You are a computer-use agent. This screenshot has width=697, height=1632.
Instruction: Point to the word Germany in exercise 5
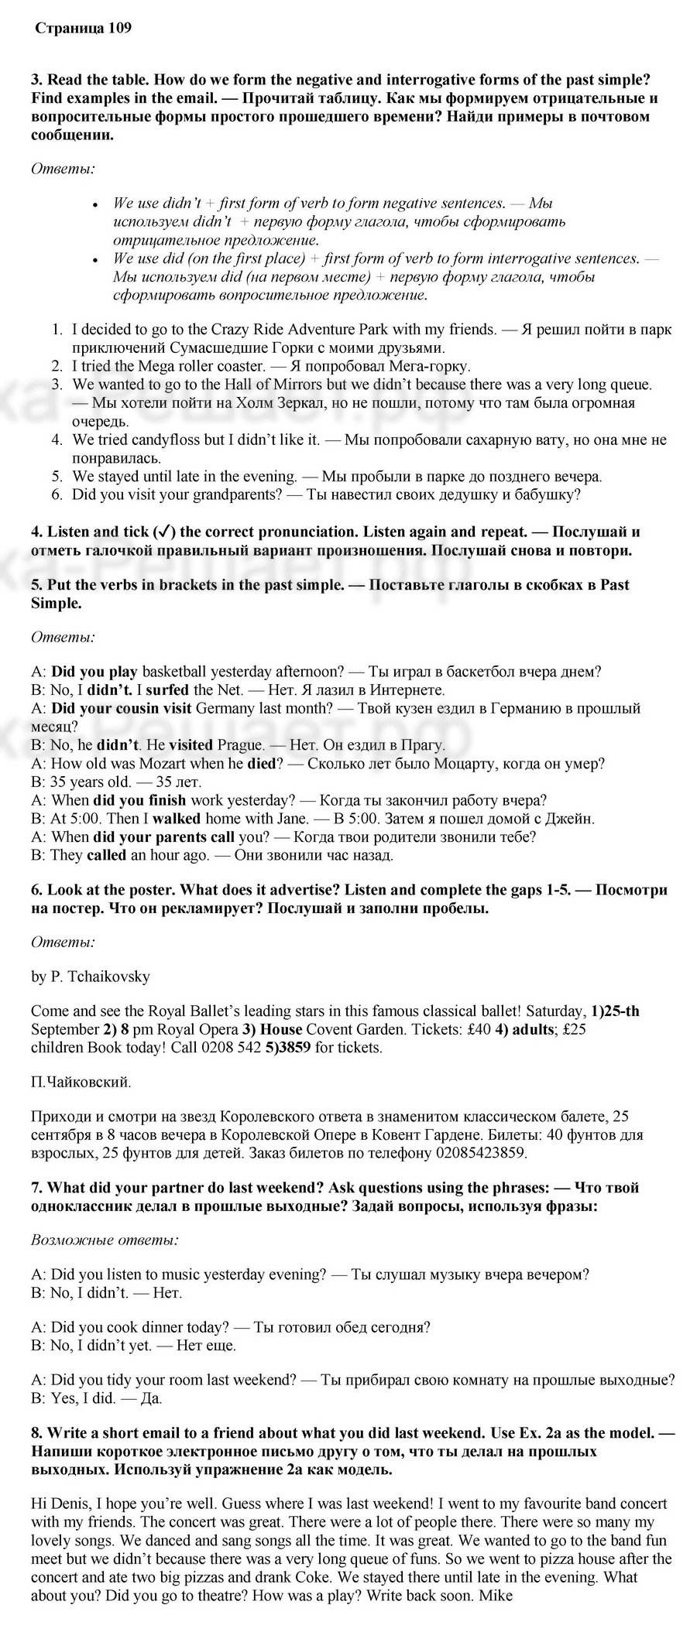[x=225, y=708]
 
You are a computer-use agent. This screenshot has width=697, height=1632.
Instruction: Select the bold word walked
[x=176, y=818]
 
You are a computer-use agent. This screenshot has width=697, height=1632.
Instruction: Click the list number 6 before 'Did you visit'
[x=57, y=494]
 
